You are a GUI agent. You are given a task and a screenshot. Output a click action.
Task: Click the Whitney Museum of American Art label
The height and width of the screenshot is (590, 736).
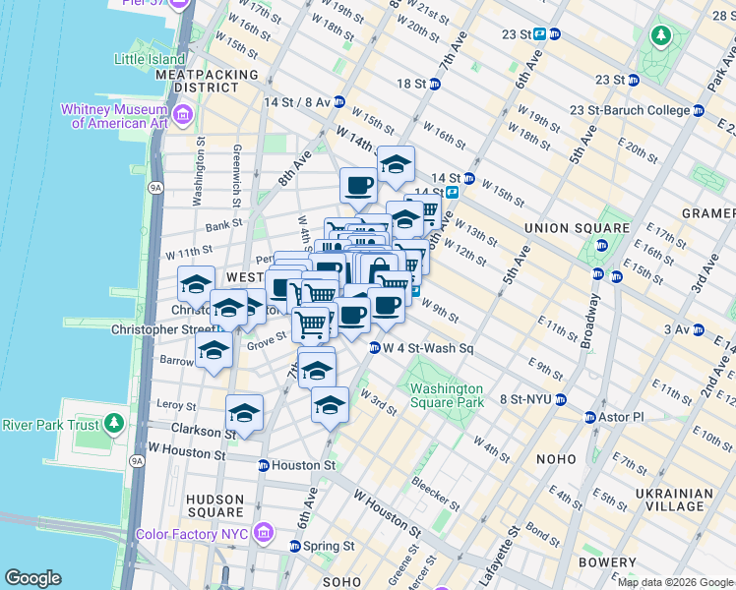(114, 116)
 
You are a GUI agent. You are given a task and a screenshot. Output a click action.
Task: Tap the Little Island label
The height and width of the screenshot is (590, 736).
(149, 59)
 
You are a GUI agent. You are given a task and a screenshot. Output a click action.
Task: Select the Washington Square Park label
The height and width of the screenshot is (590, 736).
(447, 395)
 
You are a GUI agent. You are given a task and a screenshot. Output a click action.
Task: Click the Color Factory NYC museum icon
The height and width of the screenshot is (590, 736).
(263, 534)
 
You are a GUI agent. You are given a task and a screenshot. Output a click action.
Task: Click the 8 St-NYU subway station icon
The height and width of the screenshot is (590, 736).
(560, 399)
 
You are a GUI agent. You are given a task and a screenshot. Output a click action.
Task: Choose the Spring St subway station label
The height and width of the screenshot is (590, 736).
(329, 546)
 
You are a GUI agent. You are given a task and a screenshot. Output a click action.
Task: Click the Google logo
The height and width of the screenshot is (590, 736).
(32, 578)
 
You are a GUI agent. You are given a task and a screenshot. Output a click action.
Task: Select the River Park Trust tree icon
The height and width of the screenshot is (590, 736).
(114, 424)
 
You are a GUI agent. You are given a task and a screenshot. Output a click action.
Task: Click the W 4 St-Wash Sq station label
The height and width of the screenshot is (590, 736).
(428, 348)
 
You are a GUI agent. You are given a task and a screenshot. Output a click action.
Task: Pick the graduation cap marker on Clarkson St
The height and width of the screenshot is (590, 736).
(244, 414)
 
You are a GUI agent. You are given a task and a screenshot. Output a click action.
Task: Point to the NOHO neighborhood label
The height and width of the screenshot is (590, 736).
(556, 459)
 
